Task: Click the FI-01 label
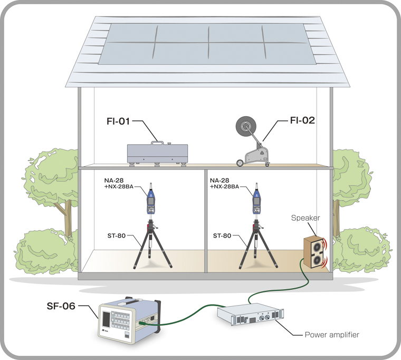(118, 121)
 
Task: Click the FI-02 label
(302, 120)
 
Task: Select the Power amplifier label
(332, 335)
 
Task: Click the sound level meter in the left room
(151, 200)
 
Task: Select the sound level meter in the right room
(256, 200)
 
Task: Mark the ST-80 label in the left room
(126, 236)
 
